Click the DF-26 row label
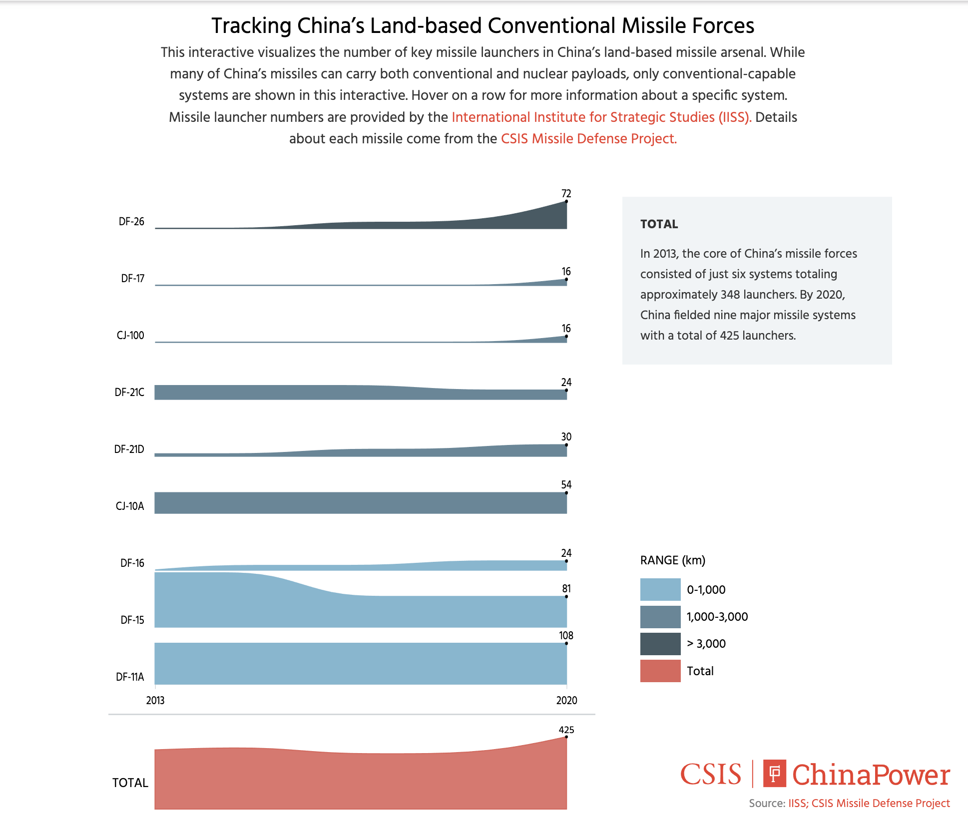pos(131,222)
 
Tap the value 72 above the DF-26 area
pos(566,194)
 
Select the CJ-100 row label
pos(130,336)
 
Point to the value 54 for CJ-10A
pos(566,485)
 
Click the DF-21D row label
pos(129,449)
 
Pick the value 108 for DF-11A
pos(566,636)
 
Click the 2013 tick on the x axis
pos(155,701)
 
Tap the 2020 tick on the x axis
pos(566,701)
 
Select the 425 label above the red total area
pos(566,730)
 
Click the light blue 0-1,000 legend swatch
pos(660,589)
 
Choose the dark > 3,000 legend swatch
pos(660,644)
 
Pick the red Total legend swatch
pos(660,671)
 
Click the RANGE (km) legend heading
pos(672,560)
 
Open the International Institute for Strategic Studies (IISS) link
pos(601,117)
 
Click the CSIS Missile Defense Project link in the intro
pos(588,139)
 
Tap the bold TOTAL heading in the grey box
pos(659,224)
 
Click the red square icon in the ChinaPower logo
pos(774,774)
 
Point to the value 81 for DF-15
pos(566,589)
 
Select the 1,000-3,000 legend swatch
pos(660,617)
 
